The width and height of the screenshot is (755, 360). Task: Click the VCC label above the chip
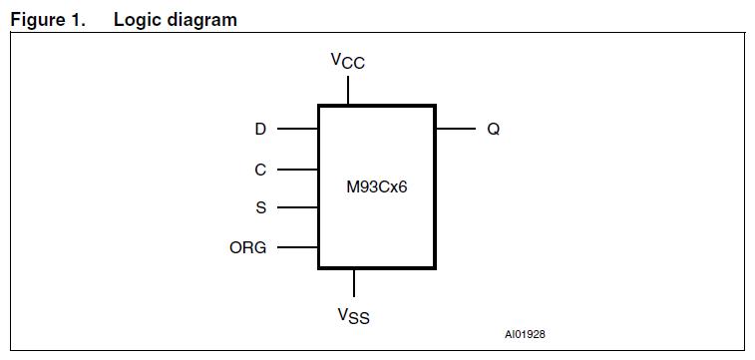348,61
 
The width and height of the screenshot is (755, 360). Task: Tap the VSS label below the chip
353,316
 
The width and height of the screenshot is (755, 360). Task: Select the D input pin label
260,129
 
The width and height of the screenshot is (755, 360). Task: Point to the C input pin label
260,170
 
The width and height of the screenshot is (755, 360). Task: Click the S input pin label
261,207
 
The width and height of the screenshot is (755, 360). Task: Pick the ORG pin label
248,247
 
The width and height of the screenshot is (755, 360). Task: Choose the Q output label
493,129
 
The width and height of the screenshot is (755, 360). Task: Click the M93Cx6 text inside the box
377,187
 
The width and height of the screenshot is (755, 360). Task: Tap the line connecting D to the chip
297,129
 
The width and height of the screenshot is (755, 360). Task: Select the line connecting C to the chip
297,170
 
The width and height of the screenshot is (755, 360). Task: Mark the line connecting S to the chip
297,207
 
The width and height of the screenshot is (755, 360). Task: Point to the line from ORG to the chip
297,247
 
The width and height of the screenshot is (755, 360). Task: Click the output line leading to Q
455,129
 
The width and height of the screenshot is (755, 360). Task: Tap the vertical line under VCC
348,91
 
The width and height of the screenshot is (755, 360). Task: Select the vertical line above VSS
354,283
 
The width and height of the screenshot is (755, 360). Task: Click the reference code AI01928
525,333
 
